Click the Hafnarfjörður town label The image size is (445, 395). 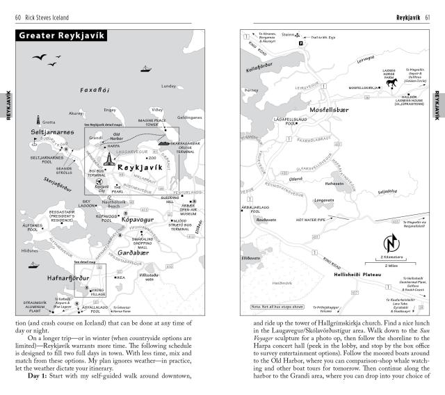click(51, 277)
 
